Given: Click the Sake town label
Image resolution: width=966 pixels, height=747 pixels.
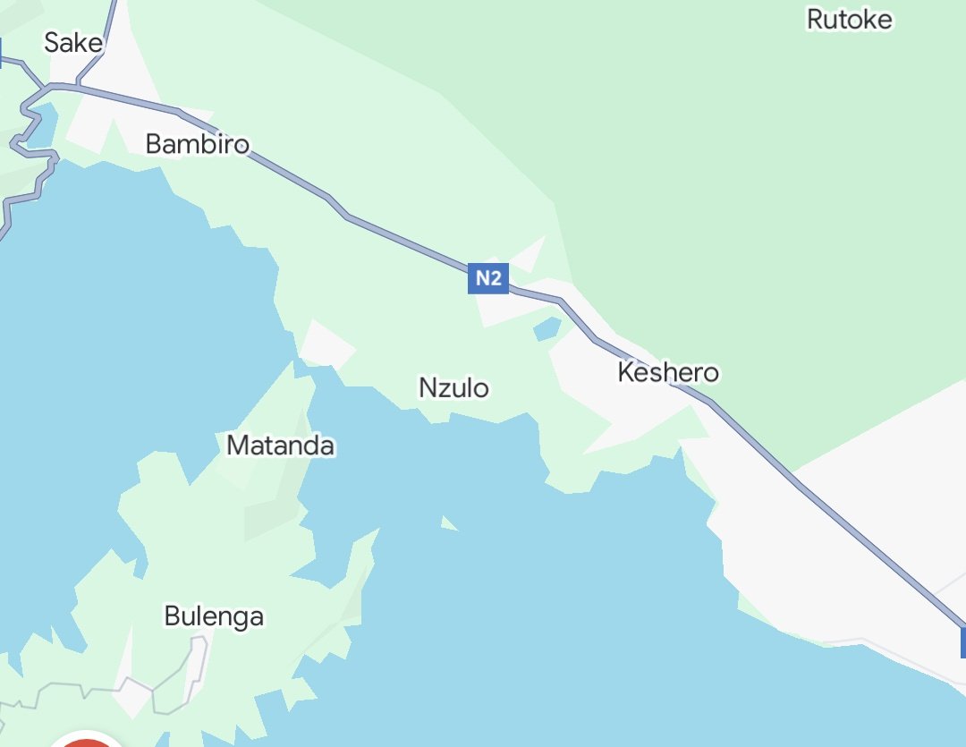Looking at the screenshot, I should pos(73,42).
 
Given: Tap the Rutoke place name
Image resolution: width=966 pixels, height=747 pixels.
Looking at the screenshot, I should pos(849,19).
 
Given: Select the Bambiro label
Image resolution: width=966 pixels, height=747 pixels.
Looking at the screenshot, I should pos(197,144).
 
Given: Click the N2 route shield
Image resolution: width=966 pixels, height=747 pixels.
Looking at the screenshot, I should pos(487,278).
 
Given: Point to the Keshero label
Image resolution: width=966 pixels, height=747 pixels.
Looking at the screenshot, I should pos(668,372).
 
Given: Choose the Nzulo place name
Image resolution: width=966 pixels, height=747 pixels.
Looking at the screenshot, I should pos(454,388).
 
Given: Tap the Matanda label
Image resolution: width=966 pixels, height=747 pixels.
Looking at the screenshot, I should pos(280,446).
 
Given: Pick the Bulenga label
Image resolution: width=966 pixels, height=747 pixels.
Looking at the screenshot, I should pos(214,616).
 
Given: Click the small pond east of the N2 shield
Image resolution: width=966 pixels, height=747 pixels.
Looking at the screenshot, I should pos(547,329).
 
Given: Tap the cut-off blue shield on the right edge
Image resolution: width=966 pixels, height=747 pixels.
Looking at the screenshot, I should pos(962,642).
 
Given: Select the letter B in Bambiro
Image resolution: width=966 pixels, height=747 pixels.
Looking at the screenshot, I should pos(154,144).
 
